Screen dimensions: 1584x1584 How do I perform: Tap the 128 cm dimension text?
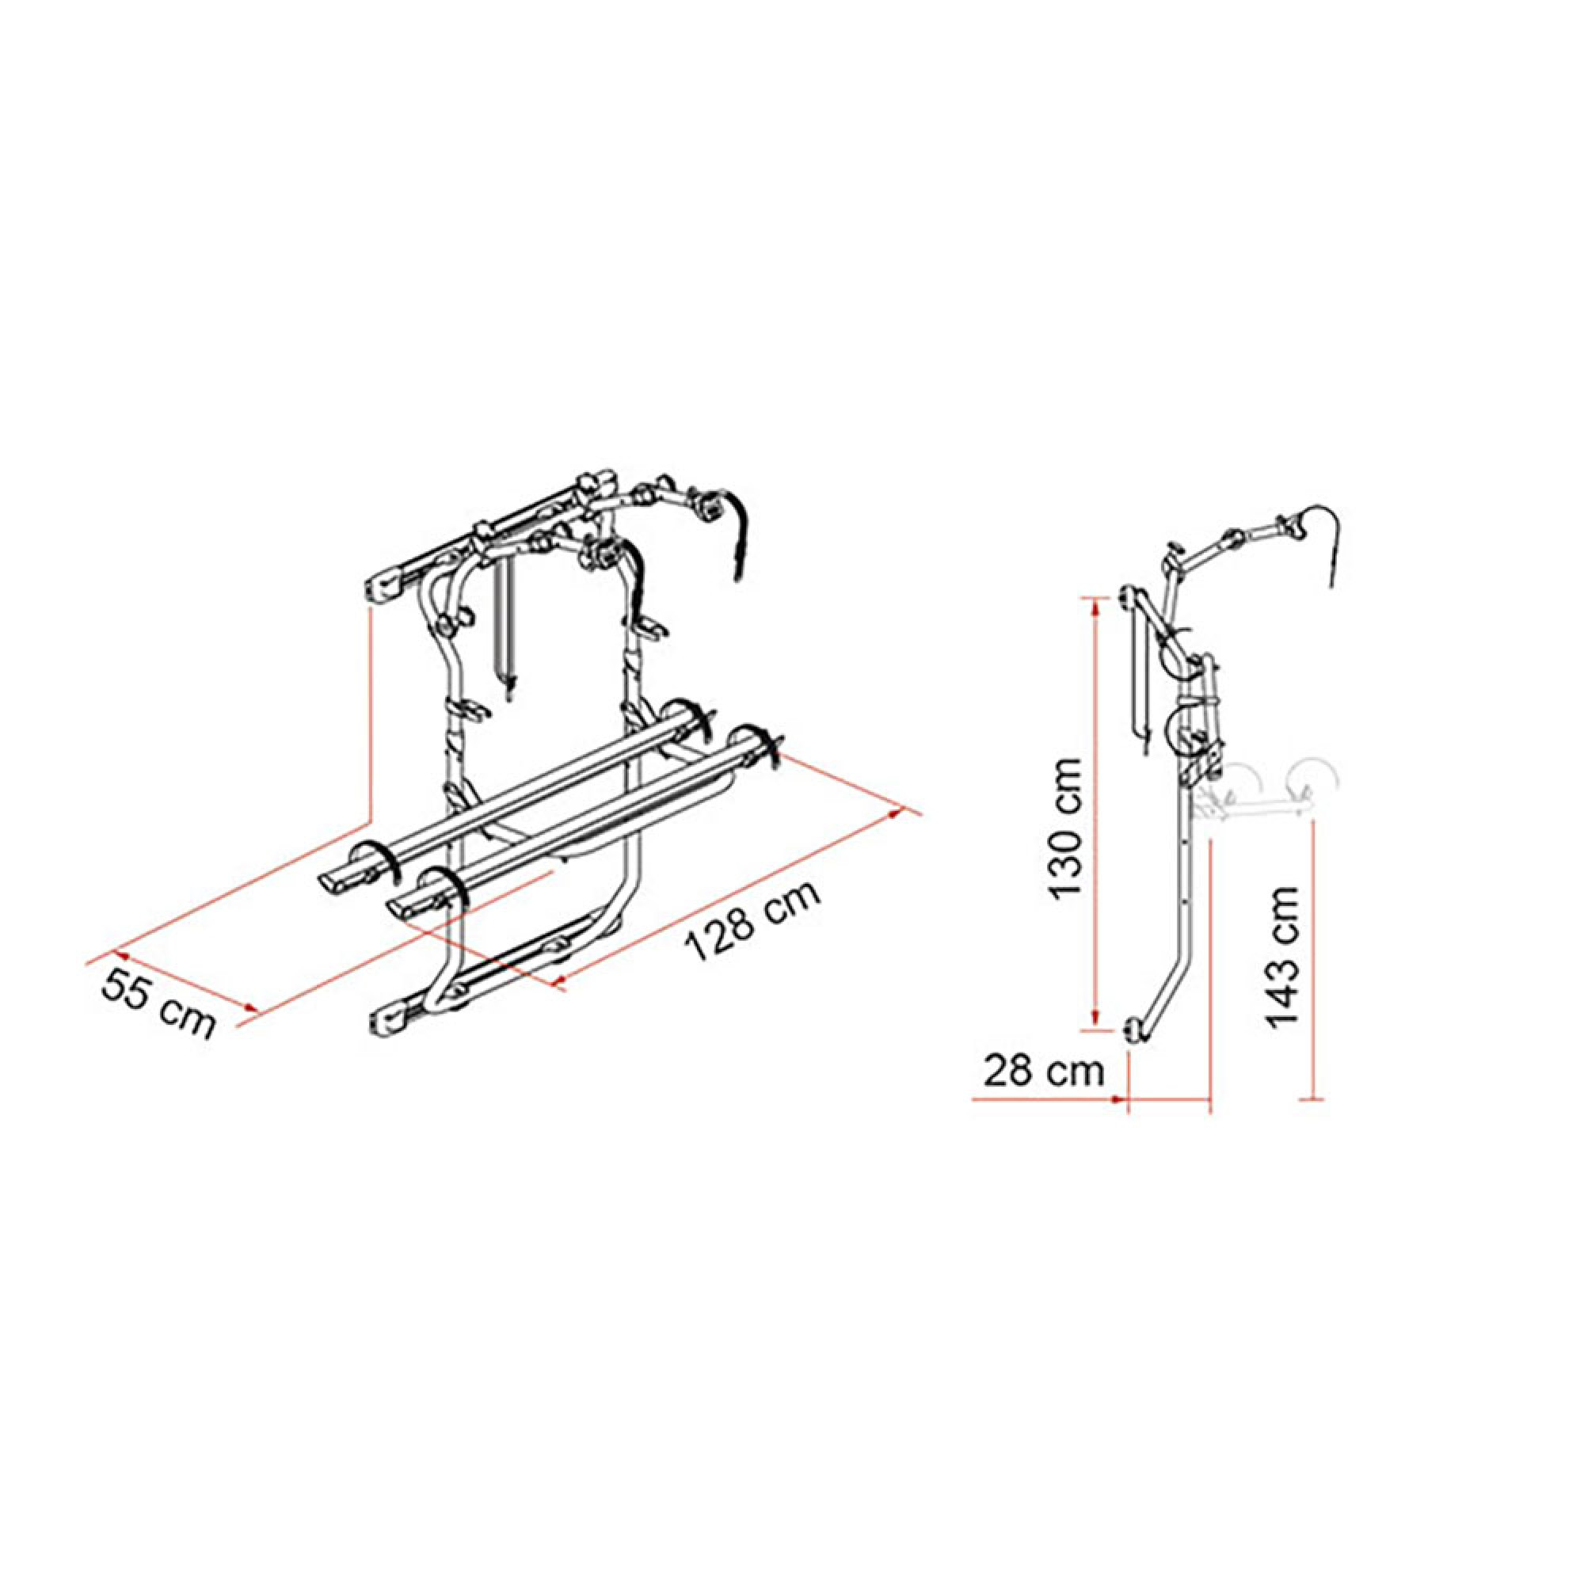753,922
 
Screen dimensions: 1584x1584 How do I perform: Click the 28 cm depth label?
1044,1072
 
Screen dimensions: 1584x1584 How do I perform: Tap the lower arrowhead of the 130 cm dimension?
1094,1021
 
